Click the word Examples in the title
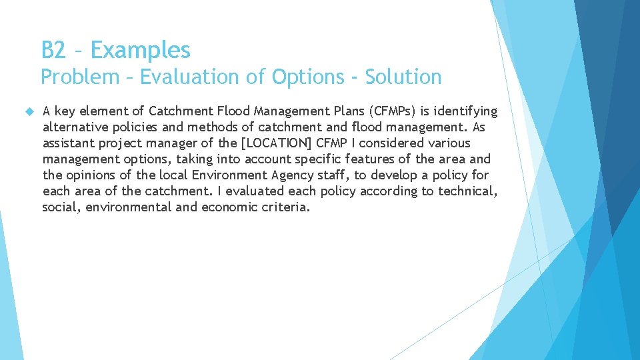[141, 50]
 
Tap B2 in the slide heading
[53, 50]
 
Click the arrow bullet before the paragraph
[29, 110]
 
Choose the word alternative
[74, 127]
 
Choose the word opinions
[91, 175]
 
